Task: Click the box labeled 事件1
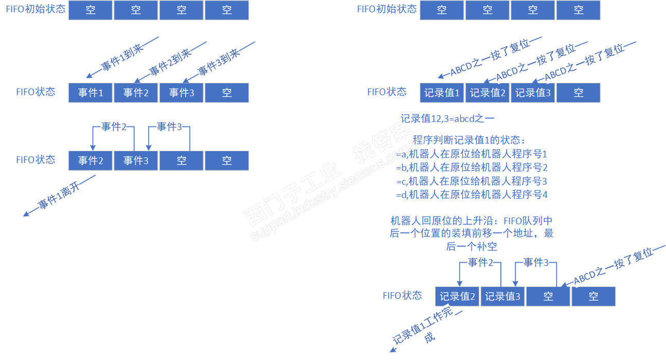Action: click(x=91, y=93)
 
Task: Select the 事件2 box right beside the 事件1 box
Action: click(x=136, y=93)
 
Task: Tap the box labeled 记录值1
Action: click(x=442, y=93)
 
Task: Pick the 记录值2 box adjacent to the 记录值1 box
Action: click(x=488, y=93)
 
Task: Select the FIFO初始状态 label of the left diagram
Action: click(x=35, y=10)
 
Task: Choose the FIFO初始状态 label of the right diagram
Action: click(x=387, y=10)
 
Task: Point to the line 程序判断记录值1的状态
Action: click(x=469, y=140)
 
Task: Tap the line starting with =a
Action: click(x=472, y=154)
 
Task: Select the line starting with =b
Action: click(x=472, y=168)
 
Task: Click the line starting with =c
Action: click(x=472, y=181)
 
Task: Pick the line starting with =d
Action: click(x=472, y=195)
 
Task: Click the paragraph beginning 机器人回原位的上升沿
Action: click(x=471, y=234)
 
